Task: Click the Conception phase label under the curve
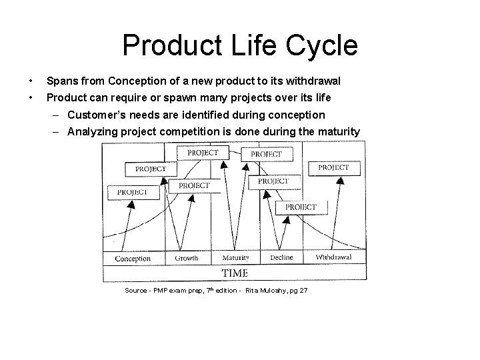coord(133,259)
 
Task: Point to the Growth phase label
coord(186,258)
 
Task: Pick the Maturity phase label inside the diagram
coord(235,258)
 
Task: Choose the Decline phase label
coord(281,258)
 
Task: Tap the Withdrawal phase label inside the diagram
coord(333,257)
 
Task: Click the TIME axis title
coord(234,273)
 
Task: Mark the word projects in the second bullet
coord(259,97)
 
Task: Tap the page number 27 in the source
coord(303,291)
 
